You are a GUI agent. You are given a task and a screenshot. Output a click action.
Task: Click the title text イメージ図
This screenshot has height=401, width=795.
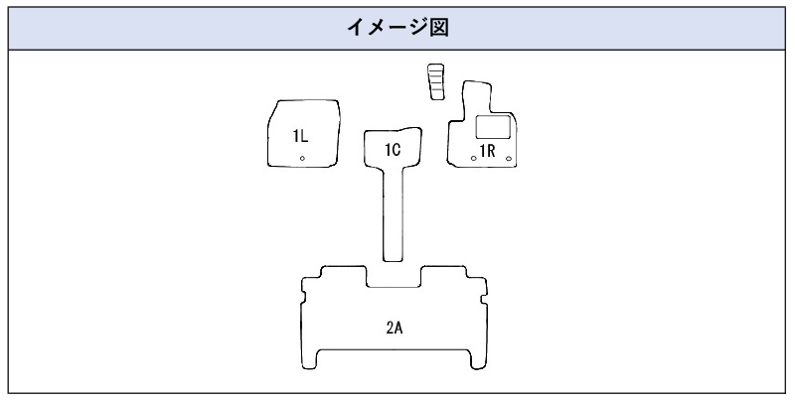pyautogui.click(x=398, y=28)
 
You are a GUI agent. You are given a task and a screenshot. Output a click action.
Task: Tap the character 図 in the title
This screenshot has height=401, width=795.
pyautogui.click(x=439, y=28)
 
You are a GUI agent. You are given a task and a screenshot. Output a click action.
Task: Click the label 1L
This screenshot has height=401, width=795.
pyautogui.click(x=300, y=136)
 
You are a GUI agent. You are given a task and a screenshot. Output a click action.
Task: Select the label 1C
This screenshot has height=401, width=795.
pyautogui.click(x=393, y=150)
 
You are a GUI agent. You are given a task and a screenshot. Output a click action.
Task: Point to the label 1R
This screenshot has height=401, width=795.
pyautogui.click(x=488, y=151)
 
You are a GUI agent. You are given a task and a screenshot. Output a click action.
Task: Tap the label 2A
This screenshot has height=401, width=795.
pyautogui.click(x=395, y=329)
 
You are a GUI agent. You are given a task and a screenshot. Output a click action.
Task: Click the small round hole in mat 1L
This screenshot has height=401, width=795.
pyautogui.click(x=302, y=159)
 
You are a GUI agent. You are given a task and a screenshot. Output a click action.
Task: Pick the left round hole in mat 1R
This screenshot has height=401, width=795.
pyautogui.click(x=474, y=159)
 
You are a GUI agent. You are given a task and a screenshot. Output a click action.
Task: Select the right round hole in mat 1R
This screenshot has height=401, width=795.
pyautogui.click(x=509, y=159)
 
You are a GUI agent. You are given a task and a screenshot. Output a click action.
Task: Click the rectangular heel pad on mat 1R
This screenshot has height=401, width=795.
pyautogui.click(x=493, y=127)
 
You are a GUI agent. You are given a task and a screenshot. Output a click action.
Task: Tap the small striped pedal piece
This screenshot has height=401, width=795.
pyautogui.click(x=436, y=81)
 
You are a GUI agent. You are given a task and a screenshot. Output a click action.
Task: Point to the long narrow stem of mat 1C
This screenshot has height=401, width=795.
pyautogui.click(x=393, y=212)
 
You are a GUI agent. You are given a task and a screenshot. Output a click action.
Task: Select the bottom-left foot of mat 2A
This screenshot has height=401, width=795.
pyautogui.click(x=309, y=359)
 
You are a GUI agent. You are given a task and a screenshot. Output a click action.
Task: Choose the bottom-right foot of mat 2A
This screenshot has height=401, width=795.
pyautogui.click(x=479, y=359)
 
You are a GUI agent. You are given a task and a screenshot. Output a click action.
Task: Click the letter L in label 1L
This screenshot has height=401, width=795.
pyautogui.click(x=304, y=136)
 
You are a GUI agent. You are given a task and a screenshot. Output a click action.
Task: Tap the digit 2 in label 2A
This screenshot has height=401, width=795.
pyautogui.click(x=391, y=329)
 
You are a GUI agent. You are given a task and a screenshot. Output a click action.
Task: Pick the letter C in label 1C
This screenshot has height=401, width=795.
pyautogui.click(x=397, y=150)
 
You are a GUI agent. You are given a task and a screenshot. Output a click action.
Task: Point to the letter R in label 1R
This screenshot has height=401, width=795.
pyautogui.click(x=491, y=151)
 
